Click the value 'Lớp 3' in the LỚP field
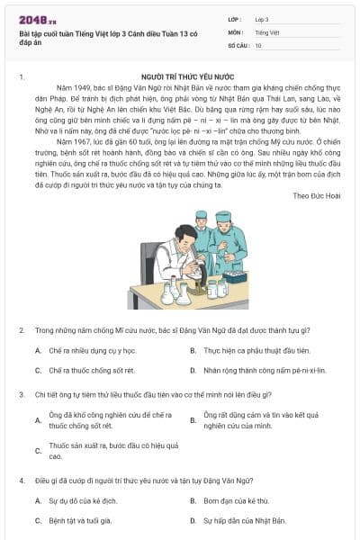[x=261, y=18]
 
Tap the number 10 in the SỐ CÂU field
[x=259, y=44]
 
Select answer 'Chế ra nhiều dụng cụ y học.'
[x=92, y=351]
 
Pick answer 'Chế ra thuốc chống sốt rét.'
[x=91, y=370]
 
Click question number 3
[x=21, y=394]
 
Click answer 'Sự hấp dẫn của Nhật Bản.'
[x=244, y=520]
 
